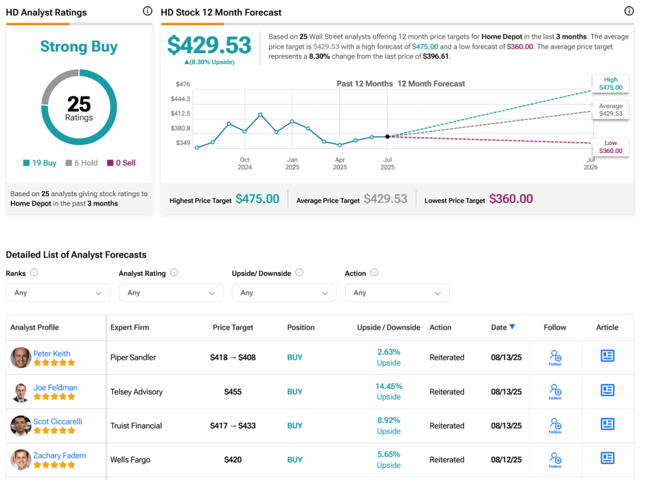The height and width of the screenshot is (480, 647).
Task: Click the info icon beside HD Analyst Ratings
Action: tap(147, 11)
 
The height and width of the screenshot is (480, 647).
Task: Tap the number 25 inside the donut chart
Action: tap(79, 104)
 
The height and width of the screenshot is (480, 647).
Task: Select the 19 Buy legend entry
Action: tap(40, 163)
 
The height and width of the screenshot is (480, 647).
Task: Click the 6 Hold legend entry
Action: tap(82, 163)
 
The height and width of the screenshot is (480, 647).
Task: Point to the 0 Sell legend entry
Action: tap(121, 163)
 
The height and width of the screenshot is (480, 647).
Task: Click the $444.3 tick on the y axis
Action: tap(181, 99)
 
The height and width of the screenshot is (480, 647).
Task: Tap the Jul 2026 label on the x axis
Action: tap(591, 163)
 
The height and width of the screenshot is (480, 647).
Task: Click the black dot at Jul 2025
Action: tap(387, 136)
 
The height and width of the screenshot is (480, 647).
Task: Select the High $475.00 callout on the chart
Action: tap(610, 84)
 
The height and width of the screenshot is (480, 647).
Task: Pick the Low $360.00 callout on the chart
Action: tap(610, 147)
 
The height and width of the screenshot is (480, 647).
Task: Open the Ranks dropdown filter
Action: tap(58, 293)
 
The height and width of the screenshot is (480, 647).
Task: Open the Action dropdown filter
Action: tap(397, 293)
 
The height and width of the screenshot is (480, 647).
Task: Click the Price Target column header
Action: tap(233, 328)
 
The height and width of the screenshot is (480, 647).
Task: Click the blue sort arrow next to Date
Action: tap(512, 327)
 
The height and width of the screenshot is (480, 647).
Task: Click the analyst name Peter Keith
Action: tap(52, 354)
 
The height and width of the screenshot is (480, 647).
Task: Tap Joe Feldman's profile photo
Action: tap(21, 392)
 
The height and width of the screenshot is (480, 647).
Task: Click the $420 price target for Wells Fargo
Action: tap(233, 460)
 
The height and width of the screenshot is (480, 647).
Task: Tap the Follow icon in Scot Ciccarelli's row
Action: tap(555, 425)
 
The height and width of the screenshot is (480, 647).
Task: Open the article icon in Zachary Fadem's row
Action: tap(607, 458)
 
